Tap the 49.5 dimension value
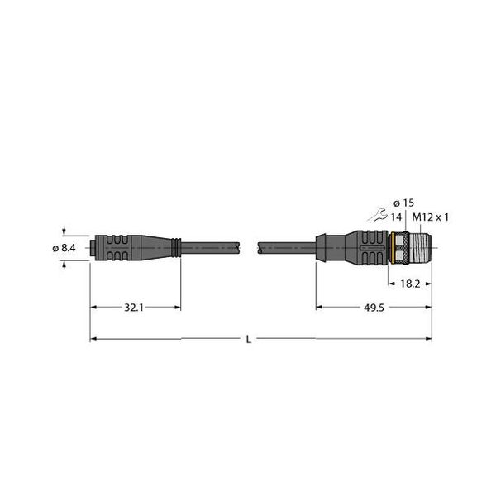click(x=373, y=307)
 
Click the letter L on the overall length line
click(x=248, y=339)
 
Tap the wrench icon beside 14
click(x=379, y=217)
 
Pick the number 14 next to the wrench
click(x=396, y=217)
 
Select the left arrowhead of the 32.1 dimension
click(x=93, y=307)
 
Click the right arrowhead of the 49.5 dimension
click(x=427, y=307)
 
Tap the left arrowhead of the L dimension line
click(x=93, y=339)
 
